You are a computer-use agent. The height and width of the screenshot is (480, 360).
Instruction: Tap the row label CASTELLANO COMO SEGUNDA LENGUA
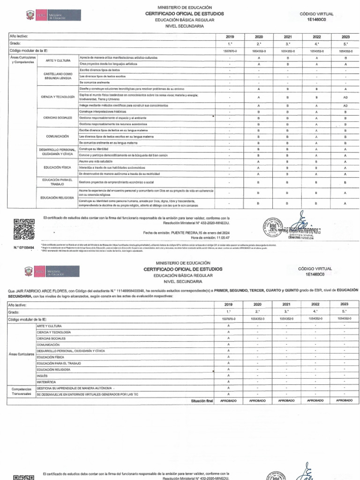click(58, 76)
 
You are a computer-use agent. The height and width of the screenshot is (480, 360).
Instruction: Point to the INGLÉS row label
click(42, 375)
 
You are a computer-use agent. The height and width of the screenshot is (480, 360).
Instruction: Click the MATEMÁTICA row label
click(46, 382)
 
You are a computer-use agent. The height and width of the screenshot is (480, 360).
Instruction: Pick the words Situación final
click(202, 401)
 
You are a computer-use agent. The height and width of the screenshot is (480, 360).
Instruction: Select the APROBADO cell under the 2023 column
click(345, 401)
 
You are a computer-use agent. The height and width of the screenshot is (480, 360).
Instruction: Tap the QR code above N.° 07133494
click(23, 230)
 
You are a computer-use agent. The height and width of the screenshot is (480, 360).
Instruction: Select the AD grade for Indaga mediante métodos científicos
click(345, 106)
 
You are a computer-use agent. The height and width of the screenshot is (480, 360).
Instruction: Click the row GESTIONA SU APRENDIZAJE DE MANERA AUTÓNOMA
click(75, 389)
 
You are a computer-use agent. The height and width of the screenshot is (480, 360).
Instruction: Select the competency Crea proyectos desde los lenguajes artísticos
click(108, 64)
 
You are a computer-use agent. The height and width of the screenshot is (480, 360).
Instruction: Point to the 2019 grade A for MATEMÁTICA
click(228, 382)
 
